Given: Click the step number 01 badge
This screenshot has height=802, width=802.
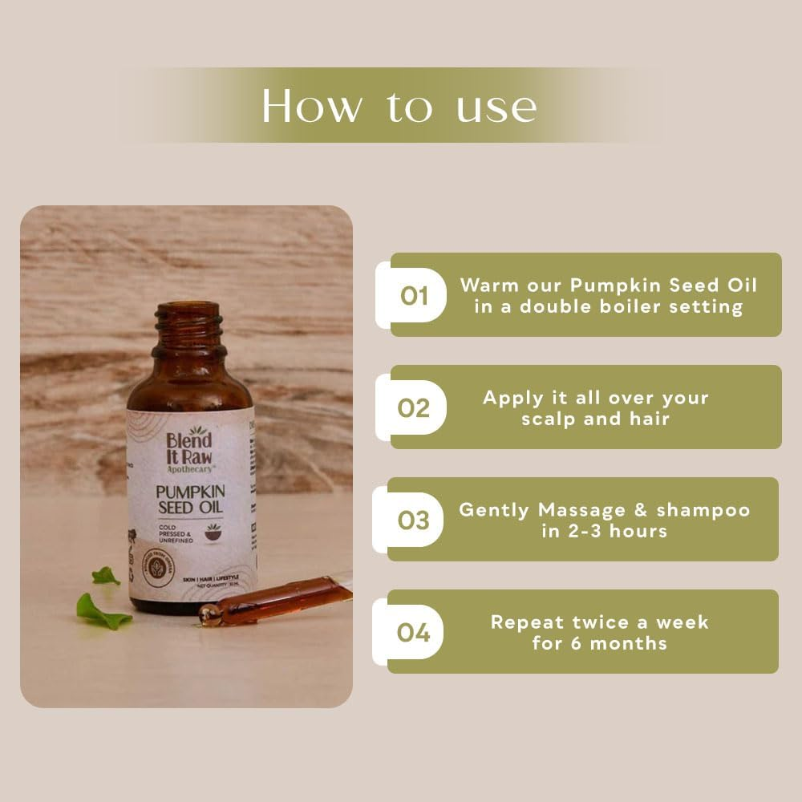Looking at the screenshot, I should click(x=414, y=297).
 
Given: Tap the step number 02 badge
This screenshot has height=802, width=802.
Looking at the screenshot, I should click(x=414, y=408).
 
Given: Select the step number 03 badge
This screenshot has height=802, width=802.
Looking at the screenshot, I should click(x=414, y=520).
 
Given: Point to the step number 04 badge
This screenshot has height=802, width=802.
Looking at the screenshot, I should click(x=414, y=633).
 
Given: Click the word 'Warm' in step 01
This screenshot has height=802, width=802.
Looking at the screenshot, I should click(x=489, y=286).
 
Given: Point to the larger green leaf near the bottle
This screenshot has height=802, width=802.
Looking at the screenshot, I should click(x=103, y=611).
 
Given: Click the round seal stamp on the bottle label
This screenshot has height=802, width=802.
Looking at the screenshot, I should click(x=158, y=568).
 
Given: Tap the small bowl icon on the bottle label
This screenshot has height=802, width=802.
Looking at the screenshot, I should click(x=214, y=532).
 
